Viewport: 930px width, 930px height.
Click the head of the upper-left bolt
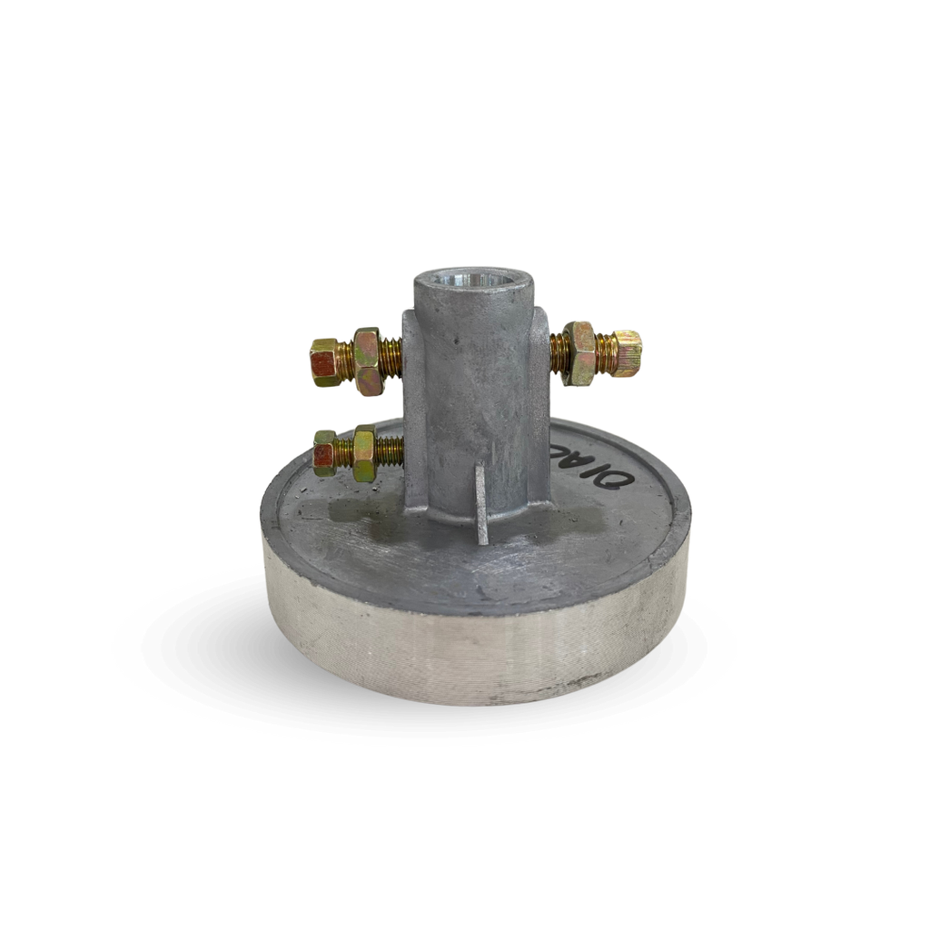[x=325, y=362]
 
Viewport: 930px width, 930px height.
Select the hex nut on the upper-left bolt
[x=367, y=361]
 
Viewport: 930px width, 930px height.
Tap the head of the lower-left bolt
[x=324, y=452]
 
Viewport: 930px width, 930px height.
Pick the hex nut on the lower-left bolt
[x=363, y=452]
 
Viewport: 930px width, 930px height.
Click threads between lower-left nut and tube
[x=390, y=448]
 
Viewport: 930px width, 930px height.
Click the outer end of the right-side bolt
[x=627, y=351]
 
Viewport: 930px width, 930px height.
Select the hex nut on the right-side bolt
[x=579, y=352]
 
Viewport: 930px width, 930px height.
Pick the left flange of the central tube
[x=414, y=409]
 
